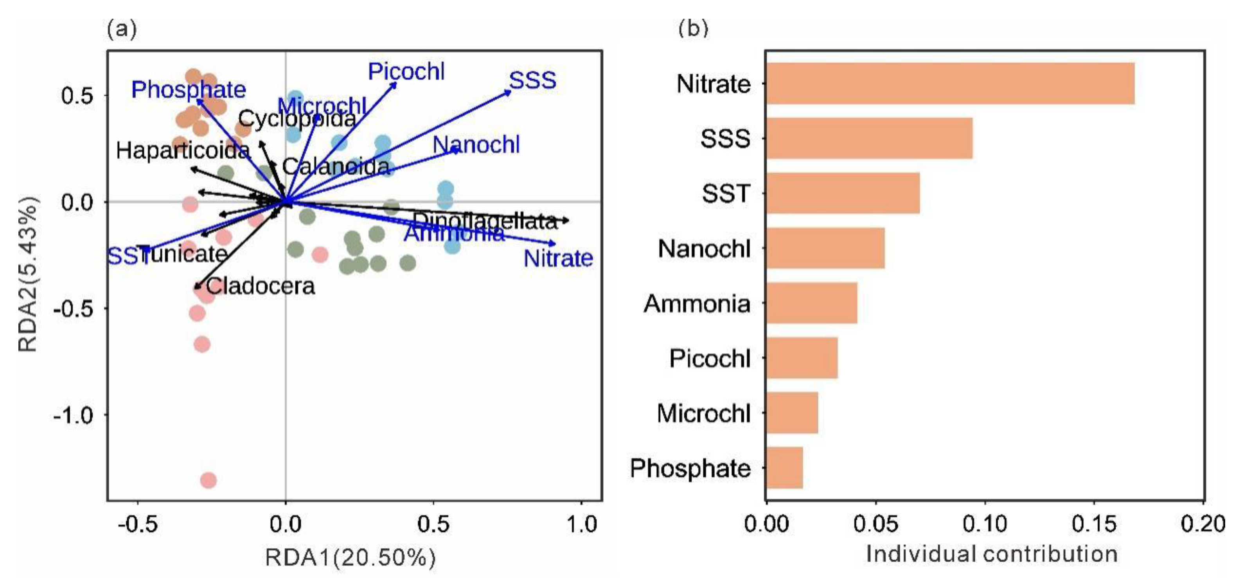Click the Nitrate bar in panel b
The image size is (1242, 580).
pos(950,83)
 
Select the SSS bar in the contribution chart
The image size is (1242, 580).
pos(869,138)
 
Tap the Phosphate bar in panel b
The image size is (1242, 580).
pos(784,468)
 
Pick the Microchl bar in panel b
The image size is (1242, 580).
pos(792,413)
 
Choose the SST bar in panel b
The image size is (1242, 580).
pos(843,193)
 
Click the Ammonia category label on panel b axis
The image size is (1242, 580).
pos(697,304)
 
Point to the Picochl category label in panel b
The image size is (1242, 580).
pos(710,358)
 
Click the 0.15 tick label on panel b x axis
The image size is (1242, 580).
pos(1093,524)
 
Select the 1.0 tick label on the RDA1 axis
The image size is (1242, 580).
pos(581,524)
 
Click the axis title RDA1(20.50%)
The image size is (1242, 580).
pos(350,558)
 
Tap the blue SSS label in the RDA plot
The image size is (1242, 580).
pos(532,81)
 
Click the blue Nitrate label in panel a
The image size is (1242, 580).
pos(558,259)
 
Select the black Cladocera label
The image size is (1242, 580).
pos(261,286)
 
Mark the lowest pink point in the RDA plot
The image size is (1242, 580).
pos(208,480)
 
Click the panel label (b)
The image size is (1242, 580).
pos(693,29)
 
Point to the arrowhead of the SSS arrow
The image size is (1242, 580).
pos(509,91)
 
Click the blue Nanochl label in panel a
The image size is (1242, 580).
pos(476,145)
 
